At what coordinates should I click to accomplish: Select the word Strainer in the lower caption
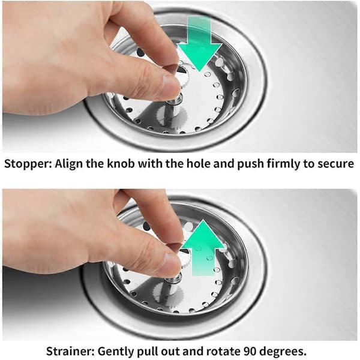pos(70,351)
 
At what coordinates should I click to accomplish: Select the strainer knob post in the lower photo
pos(175,281)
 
